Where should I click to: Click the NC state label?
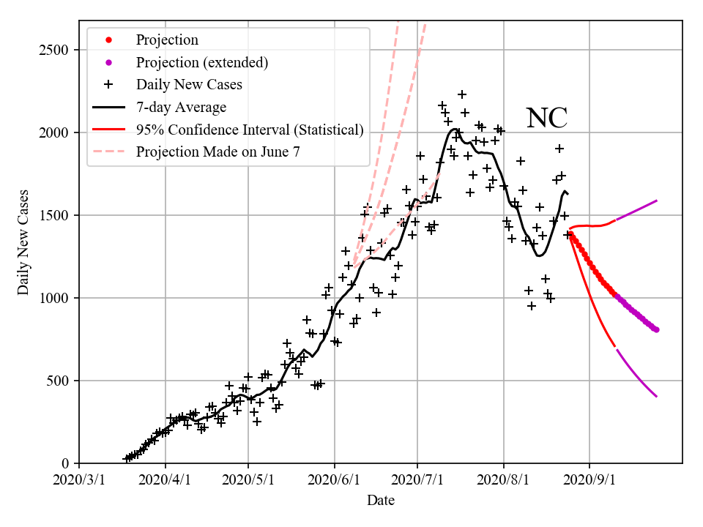tap(547, 118)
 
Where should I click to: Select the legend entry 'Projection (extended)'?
tap(201, 62)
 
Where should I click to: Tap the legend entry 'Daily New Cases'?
tap(189, 85)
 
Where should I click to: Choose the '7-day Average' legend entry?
tap(181, 108)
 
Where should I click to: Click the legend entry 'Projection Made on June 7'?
tap(218, 152)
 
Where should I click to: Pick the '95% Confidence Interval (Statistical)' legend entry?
tap(250, 130)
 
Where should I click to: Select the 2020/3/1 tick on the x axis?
tap(79, 481)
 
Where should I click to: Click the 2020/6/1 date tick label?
tap(335, 481)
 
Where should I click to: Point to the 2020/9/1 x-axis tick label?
tap(590, 481)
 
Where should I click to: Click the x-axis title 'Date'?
tap(381, 501)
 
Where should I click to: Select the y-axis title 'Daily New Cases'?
tap(23, 242)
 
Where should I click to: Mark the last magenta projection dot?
tap(656, 329)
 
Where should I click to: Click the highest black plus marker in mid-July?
tap(462, 94)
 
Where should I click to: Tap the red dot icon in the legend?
tap(108, 40)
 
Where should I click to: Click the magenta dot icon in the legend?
tap(108, 62)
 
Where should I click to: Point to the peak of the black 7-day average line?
tap(454, 130)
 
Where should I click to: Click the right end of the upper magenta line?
tap(657, 200)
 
